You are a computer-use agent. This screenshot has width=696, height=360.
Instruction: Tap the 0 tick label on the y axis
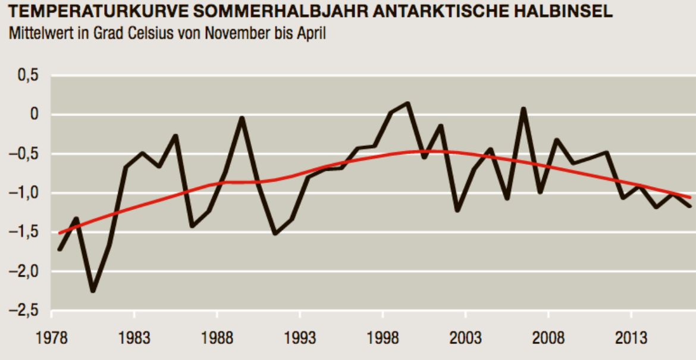tap(34, 114)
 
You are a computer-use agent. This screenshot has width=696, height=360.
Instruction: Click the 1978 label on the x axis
tap(52, 339)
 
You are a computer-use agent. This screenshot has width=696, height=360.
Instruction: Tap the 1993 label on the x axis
tap(300, 339)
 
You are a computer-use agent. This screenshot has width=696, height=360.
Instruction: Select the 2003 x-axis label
tap(465, 339)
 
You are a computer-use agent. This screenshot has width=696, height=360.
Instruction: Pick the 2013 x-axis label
tap(631, 339)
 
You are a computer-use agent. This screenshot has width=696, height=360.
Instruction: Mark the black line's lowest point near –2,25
tap(93, 291)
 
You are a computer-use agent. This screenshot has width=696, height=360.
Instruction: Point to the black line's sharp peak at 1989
tap(242, 118)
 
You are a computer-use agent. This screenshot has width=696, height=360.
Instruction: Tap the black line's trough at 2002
tap(457, 211)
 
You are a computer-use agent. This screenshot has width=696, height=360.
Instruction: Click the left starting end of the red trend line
tap(60, 233)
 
